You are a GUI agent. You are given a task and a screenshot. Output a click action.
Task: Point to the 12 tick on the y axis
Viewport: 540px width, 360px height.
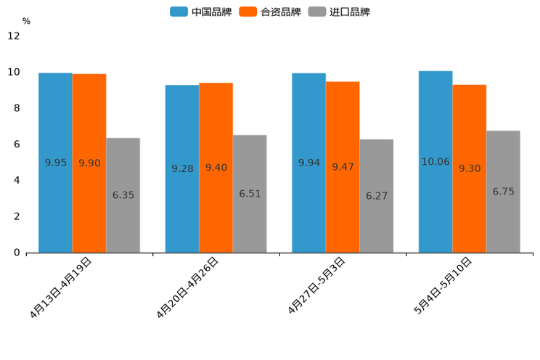click(x=14, y=36)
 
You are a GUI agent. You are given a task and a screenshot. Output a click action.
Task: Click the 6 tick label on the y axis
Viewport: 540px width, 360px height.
click(x=17, y=144)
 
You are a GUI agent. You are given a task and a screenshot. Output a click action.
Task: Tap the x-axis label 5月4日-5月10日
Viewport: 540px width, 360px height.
click(x=443, y=285)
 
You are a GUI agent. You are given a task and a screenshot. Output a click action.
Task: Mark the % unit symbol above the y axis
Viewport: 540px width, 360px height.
click(x=26, y=21)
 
